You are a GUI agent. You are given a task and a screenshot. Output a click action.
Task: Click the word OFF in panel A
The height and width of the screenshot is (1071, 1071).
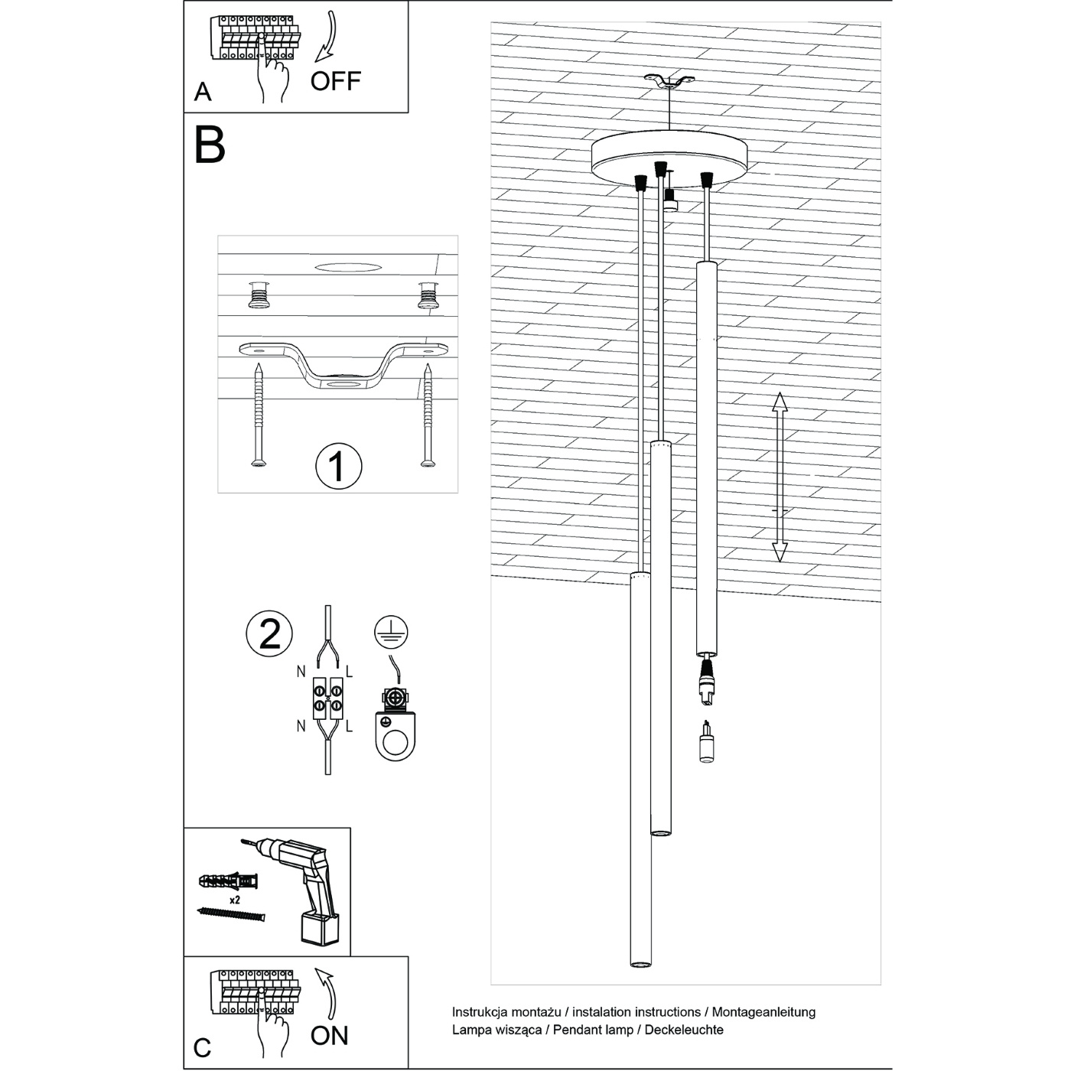point(335,80)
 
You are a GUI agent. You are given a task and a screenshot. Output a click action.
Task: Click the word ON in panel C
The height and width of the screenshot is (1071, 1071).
point(330,1035)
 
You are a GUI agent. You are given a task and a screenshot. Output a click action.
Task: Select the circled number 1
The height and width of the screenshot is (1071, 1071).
point(338,465)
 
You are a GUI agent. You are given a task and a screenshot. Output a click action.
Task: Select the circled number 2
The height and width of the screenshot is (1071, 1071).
point(269,633)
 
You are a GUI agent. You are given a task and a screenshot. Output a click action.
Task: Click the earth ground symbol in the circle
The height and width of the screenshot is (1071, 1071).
point(391,631)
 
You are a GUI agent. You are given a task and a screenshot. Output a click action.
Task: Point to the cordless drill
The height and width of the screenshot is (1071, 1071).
point(306,887)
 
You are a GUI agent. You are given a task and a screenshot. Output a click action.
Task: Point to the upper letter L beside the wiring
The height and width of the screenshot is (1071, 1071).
point(350,672)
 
